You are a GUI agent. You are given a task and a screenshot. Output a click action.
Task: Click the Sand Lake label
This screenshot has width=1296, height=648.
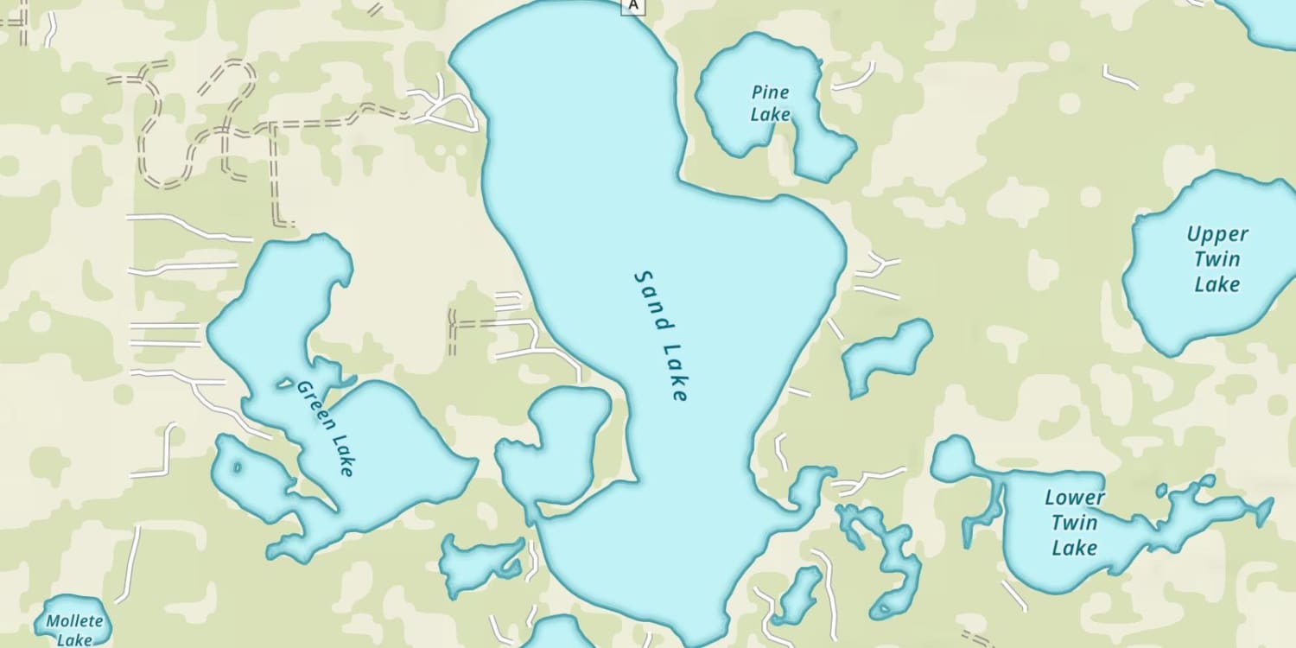tap(662, 336)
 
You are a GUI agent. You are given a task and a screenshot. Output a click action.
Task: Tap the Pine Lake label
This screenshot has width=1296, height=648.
tap(770, 103)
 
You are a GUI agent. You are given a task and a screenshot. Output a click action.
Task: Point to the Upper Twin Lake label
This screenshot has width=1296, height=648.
tap(1217, 259)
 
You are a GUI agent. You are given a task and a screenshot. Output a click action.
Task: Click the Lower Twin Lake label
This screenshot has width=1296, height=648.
tap(1075, 522)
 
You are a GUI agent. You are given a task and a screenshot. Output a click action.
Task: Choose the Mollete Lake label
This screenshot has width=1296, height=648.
tap(74, 630)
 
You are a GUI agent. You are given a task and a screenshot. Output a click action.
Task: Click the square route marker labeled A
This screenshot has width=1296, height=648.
tap(633, 5)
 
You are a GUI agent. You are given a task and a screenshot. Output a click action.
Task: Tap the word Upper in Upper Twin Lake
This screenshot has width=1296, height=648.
tap(1217, 234)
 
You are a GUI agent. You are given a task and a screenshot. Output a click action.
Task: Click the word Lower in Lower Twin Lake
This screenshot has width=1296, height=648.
tap(1075, 498)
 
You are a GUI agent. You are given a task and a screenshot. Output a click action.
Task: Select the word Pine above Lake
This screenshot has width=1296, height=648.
tap(770, 92)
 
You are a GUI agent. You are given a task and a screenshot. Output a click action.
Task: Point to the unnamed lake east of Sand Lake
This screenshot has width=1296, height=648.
tap(887, 355)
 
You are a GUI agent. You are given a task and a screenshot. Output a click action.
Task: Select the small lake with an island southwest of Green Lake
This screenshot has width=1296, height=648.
tap(251, 475)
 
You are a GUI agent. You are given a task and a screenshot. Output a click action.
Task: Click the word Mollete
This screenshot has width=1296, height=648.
tap(74, 621)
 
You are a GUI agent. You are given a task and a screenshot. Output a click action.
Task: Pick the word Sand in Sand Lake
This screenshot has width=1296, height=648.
tap(651, 299)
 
